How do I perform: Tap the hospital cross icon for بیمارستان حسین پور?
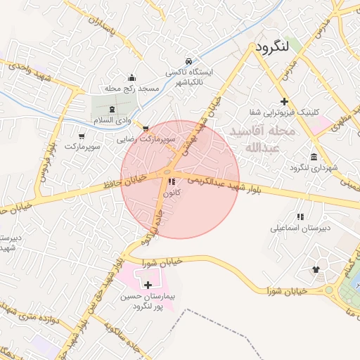[x=148, y=285]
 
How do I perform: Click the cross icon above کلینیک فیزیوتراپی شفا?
[x=284, y=102]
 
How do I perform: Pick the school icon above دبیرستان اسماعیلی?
[x=301, y=217]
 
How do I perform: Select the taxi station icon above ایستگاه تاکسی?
[x=188, y=62]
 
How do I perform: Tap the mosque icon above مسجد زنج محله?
[x=131, y=77]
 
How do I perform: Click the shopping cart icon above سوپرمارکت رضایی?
[x=146, y=129]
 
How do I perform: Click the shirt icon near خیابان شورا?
[x=314, y=269]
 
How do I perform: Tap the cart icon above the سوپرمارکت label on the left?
[x=82, y=136]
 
